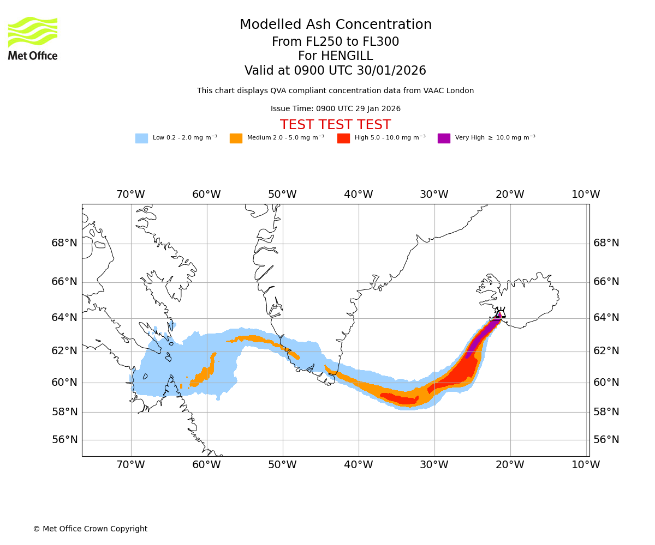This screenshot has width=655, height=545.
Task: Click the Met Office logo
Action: point(33,38)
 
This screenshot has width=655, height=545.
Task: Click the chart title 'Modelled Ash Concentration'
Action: point(336,25)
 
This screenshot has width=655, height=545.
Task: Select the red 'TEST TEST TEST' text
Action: point(335,125)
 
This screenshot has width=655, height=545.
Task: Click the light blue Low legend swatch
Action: point(141,138)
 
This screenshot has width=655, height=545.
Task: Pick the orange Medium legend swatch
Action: point(236,138)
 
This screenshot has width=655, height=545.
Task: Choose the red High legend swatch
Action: point(343,138)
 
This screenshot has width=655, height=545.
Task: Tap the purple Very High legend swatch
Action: point(444,138)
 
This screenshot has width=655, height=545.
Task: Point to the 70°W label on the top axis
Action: point(130,195)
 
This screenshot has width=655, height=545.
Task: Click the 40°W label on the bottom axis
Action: point(358,465)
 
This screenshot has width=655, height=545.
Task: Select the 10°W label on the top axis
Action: point(586,195)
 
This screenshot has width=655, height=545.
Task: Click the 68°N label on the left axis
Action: point(64,243)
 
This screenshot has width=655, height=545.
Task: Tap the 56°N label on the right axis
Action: point(606,440)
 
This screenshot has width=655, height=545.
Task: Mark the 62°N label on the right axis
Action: point(606,351)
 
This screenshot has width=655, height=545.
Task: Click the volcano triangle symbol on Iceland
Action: point(501,314)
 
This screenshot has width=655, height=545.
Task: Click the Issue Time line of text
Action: point(335,108)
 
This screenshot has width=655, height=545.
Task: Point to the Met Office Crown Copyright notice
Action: point(90,529)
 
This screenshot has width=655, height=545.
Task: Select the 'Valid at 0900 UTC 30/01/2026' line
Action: point(335,71)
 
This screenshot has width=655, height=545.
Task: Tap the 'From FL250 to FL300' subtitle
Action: point(335,42)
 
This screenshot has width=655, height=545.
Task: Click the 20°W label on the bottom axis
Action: point(510,465)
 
